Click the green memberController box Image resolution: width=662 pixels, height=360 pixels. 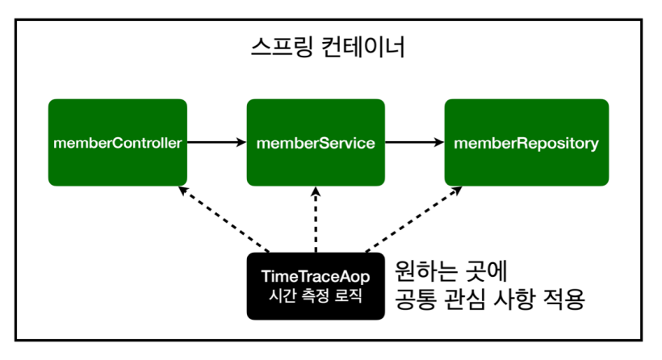(x=118, y=143)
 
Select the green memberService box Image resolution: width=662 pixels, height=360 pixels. (x=316, y=143)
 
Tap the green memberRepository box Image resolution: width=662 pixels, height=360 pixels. (x=526, y=143)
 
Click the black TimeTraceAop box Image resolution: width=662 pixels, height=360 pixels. (x=316, y=286)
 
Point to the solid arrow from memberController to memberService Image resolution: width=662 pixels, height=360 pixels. (x=217, y=142)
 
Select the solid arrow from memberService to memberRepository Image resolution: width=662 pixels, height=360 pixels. (x=415, y=142)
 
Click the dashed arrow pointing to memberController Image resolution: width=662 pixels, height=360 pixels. (x=224, y=220)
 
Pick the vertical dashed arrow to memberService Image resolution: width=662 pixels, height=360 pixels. (x=316, y=220)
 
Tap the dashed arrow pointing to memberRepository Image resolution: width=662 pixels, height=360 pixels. (x=413, y=220)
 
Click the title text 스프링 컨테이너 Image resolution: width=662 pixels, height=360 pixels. (x=328, y=47)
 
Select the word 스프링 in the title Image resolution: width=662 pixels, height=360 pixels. (x=282, y=47)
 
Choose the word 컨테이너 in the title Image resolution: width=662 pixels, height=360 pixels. (x=363, y=47)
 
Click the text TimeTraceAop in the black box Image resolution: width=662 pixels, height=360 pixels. (x=316, y=276)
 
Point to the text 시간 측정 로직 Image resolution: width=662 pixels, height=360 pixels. (x=316, y=295)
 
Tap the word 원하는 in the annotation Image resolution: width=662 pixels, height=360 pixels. (x=426, y=271)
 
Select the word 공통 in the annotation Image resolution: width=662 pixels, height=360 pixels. (x=416, y=299)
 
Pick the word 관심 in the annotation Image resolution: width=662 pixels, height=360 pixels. (x=464, y=299)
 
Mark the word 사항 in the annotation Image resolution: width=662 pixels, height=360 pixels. (x=513, y=299)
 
